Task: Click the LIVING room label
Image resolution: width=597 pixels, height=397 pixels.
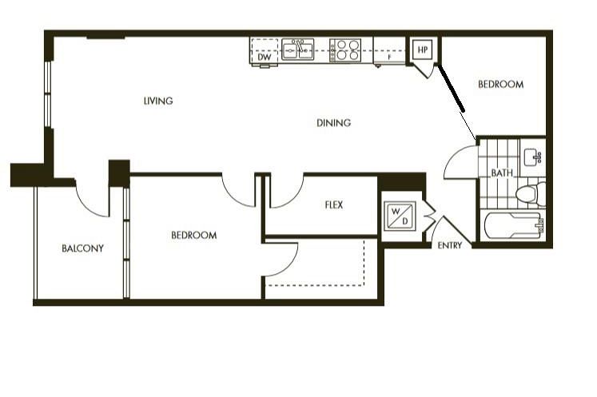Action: pos(158,101)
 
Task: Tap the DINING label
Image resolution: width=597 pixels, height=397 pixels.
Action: pos(333,123)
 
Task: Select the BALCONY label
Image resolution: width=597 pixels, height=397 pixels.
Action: pos(82,248)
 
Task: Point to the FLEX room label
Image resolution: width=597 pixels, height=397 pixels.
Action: pos(333,205)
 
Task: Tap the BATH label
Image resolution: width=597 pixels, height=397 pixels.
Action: pos(501,173)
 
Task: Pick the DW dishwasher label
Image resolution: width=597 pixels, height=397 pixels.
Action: pos(265,58)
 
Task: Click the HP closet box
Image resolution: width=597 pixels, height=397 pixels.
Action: pos(421,50)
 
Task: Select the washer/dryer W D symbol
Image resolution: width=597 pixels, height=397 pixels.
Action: pos(398,216)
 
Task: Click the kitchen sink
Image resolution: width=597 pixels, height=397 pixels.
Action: pos(301,49)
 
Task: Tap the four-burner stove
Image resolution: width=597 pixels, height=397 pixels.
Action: pos(346,50)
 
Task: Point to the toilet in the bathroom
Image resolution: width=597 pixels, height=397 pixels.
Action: pos(530,193)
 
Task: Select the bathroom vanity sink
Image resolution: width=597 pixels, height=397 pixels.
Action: pos(531,155)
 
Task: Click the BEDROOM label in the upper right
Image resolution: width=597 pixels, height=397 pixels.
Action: pos(500,85)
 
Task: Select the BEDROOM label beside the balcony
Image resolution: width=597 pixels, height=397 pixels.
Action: pos(194,236)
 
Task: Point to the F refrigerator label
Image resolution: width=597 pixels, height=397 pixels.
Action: pos(388,58)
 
